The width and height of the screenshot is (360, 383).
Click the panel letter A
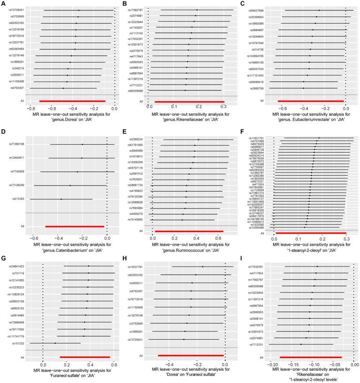click(3, 3)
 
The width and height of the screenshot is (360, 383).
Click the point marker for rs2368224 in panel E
click(198, 140)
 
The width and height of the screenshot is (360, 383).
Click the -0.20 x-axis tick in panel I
click(272, 364)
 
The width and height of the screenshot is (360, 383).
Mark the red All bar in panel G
click(85, 357)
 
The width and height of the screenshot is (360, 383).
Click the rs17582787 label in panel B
click(137, 10)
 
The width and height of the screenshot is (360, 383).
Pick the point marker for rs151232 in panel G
click(55, 344)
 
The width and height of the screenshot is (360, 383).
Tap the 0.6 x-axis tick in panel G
click(114, 364)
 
